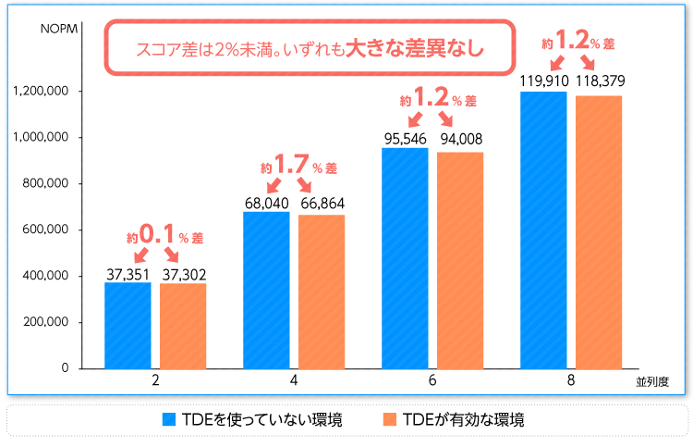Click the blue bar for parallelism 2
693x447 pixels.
point(128,325)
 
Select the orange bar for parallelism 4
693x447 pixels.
point(322,292)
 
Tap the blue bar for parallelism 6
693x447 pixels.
point(405,258)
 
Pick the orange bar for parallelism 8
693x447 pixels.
point(599,231)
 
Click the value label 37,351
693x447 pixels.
point(128,273)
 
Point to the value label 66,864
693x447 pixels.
point(322,204)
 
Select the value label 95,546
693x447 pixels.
point(405,139)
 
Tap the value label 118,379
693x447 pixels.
point(599,81)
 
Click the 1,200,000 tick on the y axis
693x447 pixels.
point(42,92)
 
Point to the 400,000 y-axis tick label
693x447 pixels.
point(44,276)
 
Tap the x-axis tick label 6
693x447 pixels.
point(432,381)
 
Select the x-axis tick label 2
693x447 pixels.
point(155,381)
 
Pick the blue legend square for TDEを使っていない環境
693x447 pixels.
point(169,419)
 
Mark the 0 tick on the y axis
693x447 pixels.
point(65,367)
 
